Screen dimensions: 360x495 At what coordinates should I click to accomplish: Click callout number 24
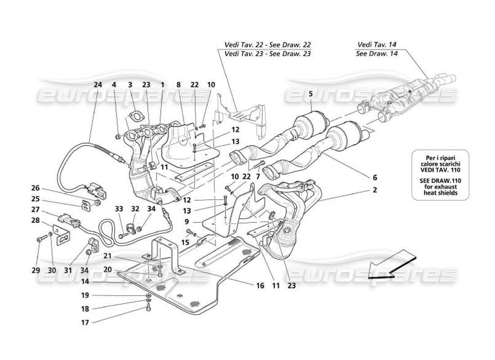(98, 84)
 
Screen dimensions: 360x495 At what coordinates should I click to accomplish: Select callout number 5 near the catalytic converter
(310, 94)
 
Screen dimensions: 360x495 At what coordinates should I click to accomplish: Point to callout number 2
(374, 190)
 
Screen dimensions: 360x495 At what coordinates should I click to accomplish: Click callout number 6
(374, 177)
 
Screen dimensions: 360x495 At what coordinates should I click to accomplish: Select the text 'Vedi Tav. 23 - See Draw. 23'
(267, 54)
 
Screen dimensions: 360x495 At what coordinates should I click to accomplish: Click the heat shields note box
(440, 175)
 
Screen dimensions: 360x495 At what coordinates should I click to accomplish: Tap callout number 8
(178, 84)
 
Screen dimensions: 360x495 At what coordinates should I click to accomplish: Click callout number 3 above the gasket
(130, 84)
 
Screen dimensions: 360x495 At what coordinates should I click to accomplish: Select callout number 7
(258, 177)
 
